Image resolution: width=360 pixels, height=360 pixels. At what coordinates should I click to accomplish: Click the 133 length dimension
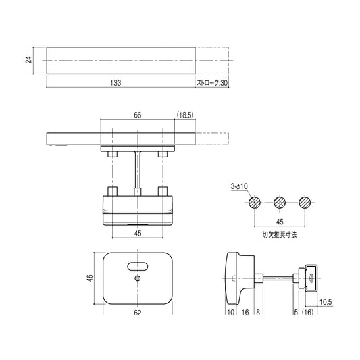pyautogui.click(x=115, y=82)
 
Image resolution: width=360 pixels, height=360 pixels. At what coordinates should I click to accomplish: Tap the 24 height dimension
pyautogui.click(x=28, y=60)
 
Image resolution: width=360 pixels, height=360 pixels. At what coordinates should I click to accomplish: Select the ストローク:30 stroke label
pyautogui.click(x=212, y=82)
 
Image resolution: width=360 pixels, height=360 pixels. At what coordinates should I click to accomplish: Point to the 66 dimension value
pyautogui.click(x=138, y=115)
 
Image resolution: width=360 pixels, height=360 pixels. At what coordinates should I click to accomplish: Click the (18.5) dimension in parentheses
pyautogui.click(x=185, y=115)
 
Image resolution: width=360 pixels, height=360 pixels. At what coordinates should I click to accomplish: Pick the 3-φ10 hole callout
pyautogui.click(x=239, y=186)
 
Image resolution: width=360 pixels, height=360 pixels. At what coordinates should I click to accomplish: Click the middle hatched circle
pyautogui.click(x=280, y=203)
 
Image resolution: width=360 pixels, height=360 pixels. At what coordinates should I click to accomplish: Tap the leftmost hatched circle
pyautogui.click(x=255, y=203)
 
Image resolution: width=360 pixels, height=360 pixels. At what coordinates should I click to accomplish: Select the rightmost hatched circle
pyautogui.click(x=305, y=203)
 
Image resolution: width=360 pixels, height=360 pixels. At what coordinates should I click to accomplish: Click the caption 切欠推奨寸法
pyautogui.click(x=280, y=234)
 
